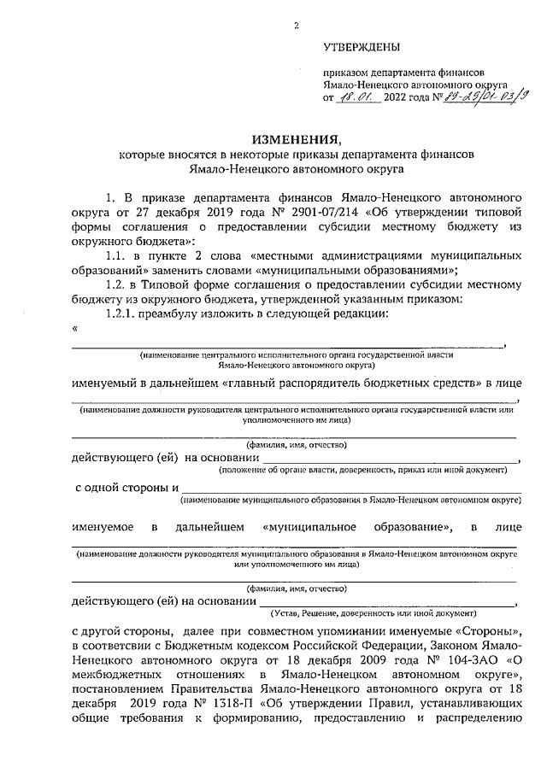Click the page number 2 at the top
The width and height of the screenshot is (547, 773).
coord(297,26)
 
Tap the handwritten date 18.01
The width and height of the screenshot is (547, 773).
coord(351,98)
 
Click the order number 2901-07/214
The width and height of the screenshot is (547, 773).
coord(306,211)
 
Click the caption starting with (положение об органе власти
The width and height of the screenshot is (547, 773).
coord(363,470)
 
